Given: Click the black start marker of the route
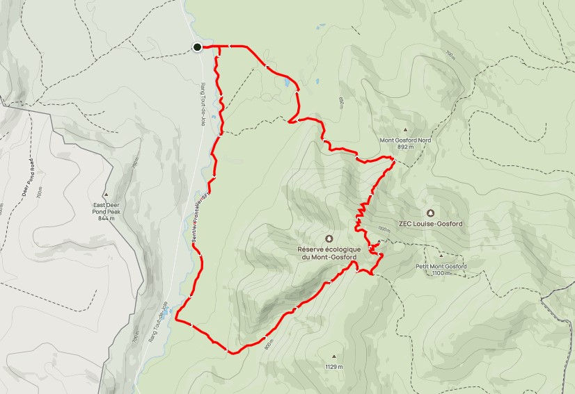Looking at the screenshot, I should pyautogui.click(x=197, y=47).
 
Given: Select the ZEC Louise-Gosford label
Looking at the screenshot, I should pyautogui.click(x=432, y=224).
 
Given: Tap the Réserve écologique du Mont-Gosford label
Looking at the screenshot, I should pyautogui.click(x=329, y=254).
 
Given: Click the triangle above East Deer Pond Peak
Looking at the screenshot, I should pyautogui.click(x=106, y=195).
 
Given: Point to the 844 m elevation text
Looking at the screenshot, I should pyautogui.click(x=107, y=218).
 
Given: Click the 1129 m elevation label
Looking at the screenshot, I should pyautogui.click(x=333, y=366).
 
